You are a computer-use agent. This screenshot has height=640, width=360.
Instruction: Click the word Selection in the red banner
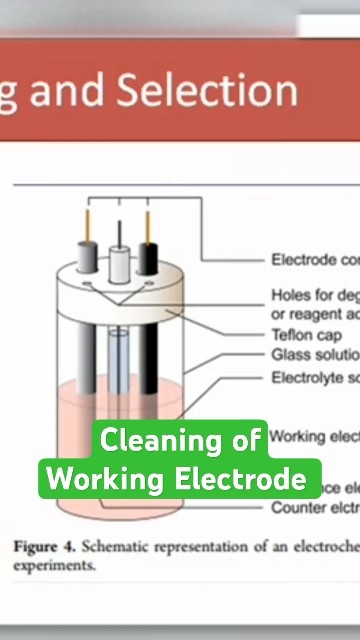point(208,92)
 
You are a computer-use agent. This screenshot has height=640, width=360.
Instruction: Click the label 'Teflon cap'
point(309,336)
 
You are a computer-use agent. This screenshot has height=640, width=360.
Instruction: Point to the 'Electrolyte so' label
point(314,377)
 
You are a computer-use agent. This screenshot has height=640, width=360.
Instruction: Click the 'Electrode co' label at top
point(314,260)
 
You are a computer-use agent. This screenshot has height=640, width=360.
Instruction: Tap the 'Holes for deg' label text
point(314,296)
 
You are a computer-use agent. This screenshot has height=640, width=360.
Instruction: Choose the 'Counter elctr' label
point(314,508)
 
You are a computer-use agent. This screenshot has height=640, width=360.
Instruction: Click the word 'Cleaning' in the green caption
point(161,440)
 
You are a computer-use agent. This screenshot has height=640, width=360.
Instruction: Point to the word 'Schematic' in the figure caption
point(118,547)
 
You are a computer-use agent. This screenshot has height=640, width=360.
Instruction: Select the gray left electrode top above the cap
point(87,257)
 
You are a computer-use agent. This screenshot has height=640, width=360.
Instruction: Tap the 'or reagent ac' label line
point(314,315)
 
